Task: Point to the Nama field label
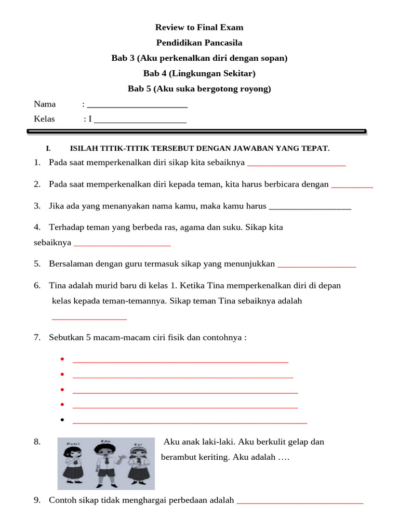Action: pos(45,104)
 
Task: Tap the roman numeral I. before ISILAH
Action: pos(48,149)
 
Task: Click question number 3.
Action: pos(37,206)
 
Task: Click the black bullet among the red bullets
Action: pos(62,420)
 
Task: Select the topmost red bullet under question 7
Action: pos(62,360)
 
